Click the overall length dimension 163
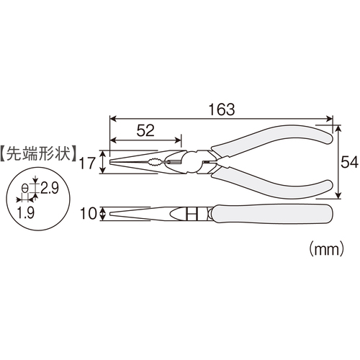[x=222, y=109]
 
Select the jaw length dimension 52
[x=145, y=130]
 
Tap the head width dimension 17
[x=88, y=163]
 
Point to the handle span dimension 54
[x=349, y=162]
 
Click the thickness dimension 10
[x=89, y=214]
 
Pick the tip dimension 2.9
[x=50, y=188]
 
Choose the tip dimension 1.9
[x=26, y=212]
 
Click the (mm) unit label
[x=327, y=249]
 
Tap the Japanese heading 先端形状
[x=38, y=153]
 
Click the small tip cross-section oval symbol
[x=24, y=188]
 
